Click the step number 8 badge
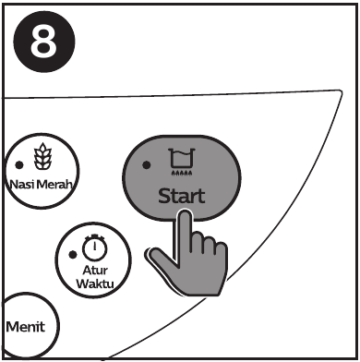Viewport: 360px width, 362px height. [44, 42]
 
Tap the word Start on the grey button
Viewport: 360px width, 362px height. [182, 196]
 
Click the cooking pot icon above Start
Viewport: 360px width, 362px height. [182, 158]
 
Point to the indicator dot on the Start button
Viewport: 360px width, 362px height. [147, 165]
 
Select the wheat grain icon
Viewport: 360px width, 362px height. [42, 156]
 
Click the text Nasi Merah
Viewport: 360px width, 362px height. [42, 185]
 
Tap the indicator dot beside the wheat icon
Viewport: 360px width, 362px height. [19, 165]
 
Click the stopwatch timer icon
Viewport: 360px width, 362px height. [95, 247]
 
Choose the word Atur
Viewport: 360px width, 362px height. [95, 271]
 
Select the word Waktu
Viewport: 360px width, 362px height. [95, 284]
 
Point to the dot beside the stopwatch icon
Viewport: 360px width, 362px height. [73, 255]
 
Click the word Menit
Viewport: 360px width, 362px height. [26, 327]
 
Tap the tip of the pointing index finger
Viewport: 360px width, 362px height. [185, 211]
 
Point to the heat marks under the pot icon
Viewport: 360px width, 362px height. [182, 174]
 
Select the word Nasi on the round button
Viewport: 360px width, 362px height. [22, 185]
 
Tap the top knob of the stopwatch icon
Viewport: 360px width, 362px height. [95, 236]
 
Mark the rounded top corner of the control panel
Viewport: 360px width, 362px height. [341, 91]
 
